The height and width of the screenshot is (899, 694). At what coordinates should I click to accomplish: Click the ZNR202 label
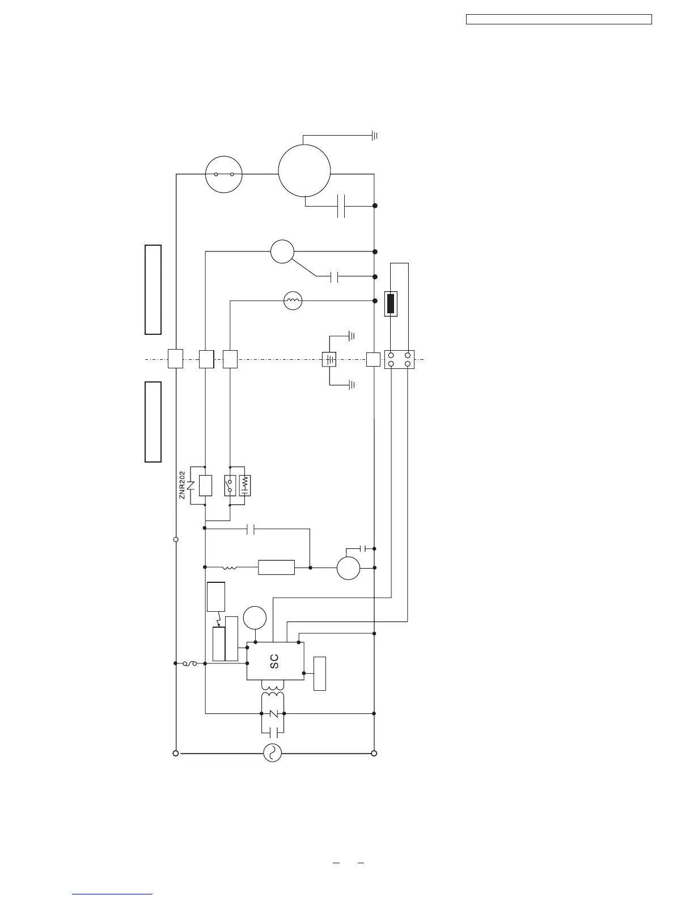click(183, 485)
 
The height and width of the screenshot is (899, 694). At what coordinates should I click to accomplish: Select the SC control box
click(274, 661)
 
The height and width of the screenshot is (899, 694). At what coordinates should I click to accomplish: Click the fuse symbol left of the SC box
click(190, 663)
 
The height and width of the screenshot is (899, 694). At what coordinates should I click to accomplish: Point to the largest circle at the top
click(304, 170)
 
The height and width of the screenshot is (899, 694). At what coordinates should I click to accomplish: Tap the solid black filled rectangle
click(391, 304)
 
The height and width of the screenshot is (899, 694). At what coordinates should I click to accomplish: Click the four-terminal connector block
click(399, 359)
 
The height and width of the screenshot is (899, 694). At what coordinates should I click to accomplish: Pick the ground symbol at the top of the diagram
click(374, 136)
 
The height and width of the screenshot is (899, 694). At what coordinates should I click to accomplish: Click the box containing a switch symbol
click(230, 485)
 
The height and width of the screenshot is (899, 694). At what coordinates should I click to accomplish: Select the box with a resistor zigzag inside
click(245, 485)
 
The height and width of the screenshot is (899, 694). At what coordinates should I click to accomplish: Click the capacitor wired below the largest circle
click(341, 205)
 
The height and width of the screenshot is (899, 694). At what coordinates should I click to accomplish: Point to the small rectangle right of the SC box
click(320, 673)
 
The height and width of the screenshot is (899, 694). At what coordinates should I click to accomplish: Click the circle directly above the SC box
click(255, 617)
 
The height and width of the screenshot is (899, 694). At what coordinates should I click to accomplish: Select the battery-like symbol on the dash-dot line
click(329, 359)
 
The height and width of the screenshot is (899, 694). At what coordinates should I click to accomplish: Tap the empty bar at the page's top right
click(558, 20)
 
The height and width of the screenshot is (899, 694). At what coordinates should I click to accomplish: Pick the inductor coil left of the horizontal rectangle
click(230, 567)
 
